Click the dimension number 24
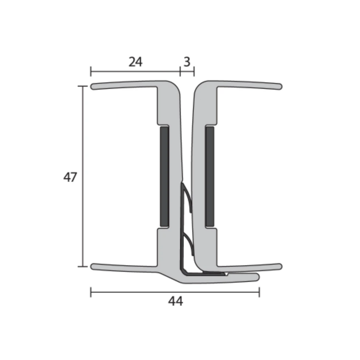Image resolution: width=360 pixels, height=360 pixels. [x=135, y=62]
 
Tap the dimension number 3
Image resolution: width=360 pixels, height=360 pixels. [x=186, y=62]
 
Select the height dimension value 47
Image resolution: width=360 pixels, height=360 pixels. [x=70, y=177]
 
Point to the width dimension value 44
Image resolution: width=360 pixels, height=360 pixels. [x=175, y=301]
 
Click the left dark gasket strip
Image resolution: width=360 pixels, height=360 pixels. [x=164, y=176]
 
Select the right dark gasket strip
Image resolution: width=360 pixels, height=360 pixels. [x=210, y=176]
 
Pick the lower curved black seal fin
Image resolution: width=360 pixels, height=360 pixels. [x=189, y=245]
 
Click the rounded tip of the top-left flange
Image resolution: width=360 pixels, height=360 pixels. [x=93, y=86]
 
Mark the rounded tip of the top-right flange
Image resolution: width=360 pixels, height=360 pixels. [x=280, y=86]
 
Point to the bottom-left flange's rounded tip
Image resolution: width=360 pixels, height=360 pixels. [x=93, y=266]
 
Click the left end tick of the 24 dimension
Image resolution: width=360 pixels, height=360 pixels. [x=91, y=71]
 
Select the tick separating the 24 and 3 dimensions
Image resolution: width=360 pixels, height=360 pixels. [x=180, y=71]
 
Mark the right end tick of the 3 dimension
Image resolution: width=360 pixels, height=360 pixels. [x=194, y=71]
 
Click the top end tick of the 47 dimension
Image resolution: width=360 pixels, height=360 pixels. [x=83, y=86]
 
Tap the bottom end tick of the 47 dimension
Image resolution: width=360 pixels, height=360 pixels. [x=83, y=266]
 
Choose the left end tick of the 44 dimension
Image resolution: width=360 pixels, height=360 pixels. [x=91, y=292]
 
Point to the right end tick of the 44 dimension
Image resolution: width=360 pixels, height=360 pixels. [x=259, y=292]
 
